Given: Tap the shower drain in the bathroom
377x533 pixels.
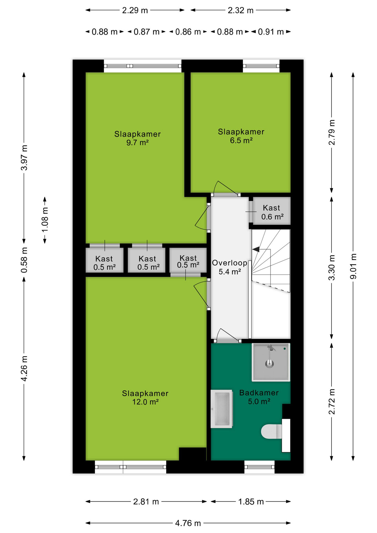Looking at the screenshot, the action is [270, 363].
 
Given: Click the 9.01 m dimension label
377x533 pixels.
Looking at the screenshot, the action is [353, 266].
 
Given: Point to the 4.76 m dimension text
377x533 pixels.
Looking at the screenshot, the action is [188, 523].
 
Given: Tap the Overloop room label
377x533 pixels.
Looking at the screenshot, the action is [230, 263].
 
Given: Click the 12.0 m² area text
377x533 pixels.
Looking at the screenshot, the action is [145, 402].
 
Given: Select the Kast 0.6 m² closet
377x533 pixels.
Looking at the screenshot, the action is [272, 211].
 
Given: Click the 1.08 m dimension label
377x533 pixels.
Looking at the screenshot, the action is [45, 220].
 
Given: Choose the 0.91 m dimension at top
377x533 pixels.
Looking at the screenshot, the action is [271, 32].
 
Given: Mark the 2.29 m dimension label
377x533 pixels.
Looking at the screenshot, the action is [135, 10].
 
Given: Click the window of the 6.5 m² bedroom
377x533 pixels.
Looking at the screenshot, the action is [261, 66].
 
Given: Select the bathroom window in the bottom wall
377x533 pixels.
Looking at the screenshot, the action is [260, 467].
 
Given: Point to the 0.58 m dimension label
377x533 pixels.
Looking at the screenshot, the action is [24, 260].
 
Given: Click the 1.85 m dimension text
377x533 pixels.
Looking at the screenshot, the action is [251, 502].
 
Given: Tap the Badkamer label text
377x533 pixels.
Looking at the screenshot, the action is [259, 393].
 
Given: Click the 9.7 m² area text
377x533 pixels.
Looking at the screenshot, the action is [137, 143].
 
